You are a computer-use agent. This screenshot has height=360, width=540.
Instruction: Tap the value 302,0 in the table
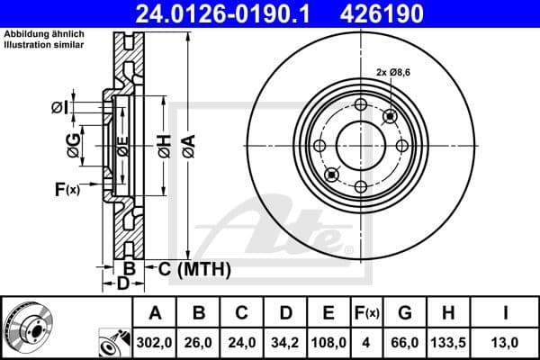pyautogui.click(x=155, y=342)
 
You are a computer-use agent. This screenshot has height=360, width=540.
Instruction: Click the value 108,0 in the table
pyautogui.click(x=328, y=342)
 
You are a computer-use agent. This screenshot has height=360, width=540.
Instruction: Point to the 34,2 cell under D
pyautogui.click(x=284, y=342)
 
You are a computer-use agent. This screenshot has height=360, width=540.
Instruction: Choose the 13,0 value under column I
pyautogui.click(x=505, y=342)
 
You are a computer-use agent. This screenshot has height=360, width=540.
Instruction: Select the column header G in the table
pyautogui.click(x=406, y=313)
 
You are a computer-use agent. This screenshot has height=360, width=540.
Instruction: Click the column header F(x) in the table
pyautogui.click(x=366, y=313)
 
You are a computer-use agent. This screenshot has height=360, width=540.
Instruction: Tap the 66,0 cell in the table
pyautogui.click(x=406, y=342)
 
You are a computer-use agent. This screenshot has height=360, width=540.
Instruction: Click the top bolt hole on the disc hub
pyautogui.click(x=361, y=104)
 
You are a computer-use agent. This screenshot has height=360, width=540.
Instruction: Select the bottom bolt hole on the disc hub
pyautogui.click(x=361, y=186)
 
